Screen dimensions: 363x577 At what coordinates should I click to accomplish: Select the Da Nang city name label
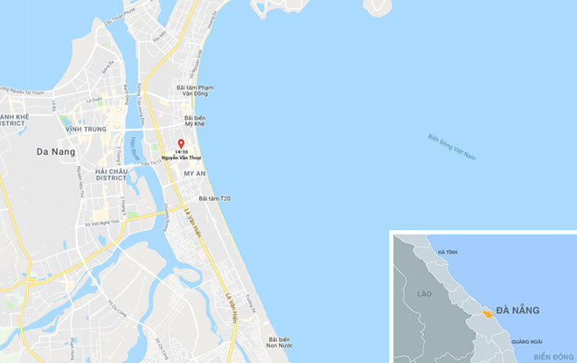coord(55,151)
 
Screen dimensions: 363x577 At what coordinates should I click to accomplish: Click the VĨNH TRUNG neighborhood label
coord(85,129)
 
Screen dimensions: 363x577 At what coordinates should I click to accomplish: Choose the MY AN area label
coord(194,173)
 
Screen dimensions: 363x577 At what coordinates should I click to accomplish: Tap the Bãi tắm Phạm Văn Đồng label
coord(195,91)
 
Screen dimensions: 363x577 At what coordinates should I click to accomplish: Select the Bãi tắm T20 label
coord(214,199)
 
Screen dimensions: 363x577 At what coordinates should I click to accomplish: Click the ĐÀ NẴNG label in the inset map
coord(518,311)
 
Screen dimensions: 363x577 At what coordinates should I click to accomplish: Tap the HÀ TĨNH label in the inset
coord(448,252)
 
